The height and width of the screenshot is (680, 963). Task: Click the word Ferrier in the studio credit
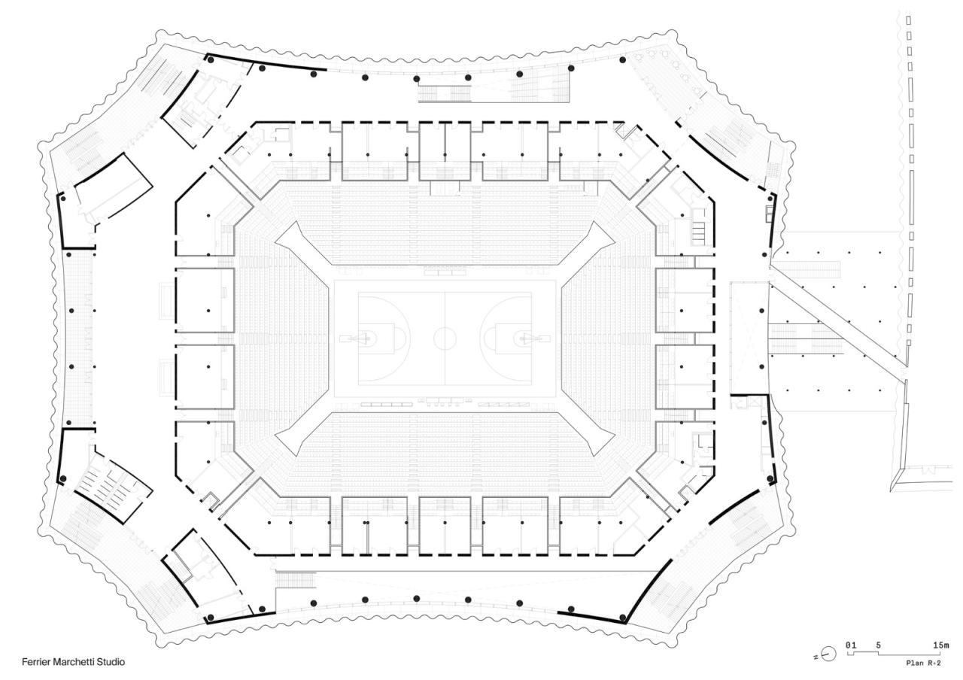(x=36, y=661)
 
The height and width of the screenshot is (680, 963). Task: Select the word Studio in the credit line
(x=111, y=661)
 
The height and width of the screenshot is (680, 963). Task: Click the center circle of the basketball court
(x=445, y=338)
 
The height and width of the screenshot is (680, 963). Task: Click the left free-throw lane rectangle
(x=376, y=338)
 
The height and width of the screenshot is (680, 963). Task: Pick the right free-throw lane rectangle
(x=513, y=338)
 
